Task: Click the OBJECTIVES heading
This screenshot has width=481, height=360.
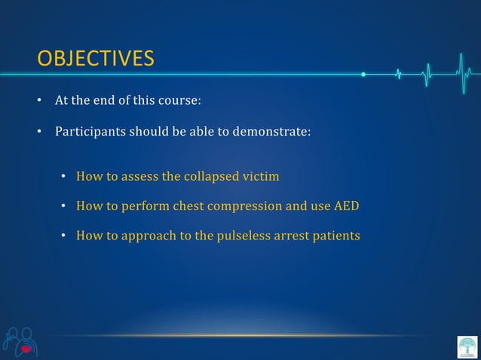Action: tap(96, 58)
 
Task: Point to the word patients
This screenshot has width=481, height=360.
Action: tap(334, 236)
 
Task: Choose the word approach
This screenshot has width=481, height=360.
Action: tap(146, 236)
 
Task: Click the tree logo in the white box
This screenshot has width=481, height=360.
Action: tap(467, 346)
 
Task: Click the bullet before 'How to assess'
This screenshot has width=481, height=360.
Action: tap(66, 178)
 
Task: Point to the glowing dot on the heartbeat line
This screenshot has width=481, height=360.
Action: tap(363, 75)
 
